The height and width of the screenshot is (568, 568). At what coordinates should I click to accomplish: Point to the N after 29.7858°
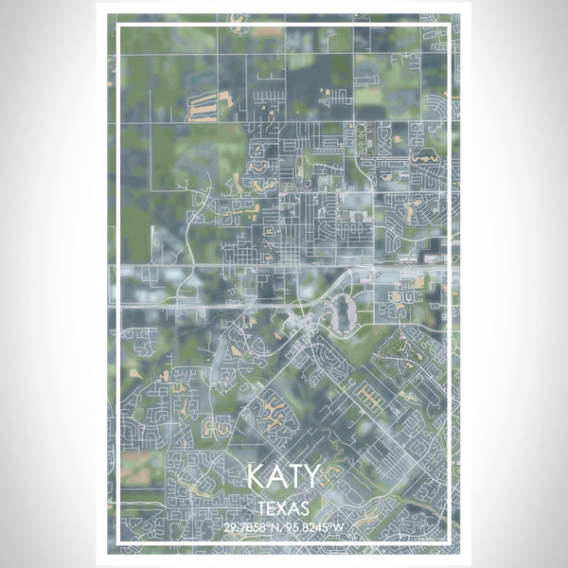coord(275,527)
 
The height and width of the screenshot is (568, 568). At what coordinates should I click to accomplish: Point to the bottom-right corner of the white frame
coord(452,541)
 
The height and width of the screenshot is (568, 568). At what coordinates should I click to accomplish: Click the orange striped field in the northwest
coord(204,106)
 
